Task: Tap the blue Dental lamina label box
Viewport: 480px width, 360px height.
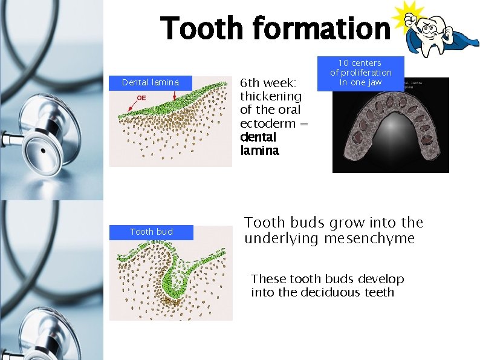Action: pos(151,82)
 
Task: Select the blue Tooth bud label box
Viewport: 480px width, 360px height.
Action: pos(151,232)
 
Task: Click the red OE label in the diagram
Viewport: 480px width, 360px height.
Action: pos(141,97)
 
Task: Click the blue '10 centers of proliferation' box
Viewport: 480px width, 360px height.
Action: pos(360,73)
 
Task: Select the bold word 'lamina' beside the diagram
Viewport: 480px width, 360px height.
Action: pos(260,151)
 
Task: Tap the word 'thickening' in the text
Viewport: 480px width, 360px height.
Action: pos(271,96)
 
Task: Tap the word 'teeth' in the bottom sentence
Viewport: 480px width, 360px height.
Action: pos(380,292)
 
